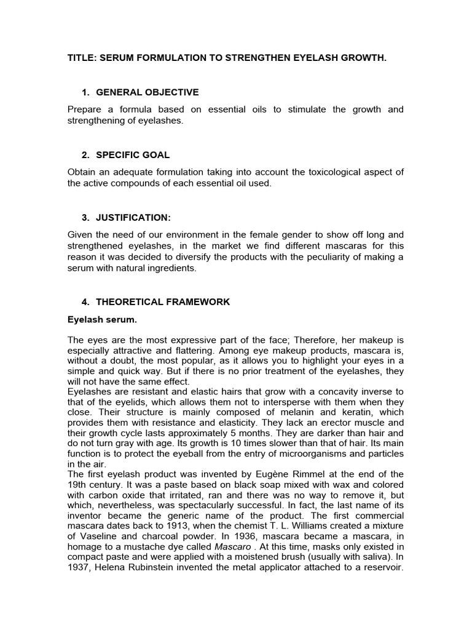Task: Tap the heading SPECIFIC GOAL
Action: click(133, 155)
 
